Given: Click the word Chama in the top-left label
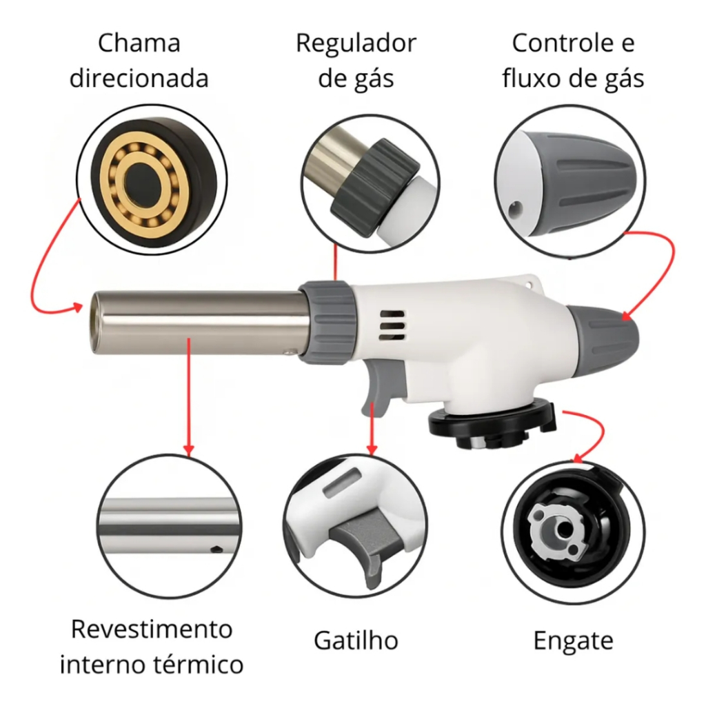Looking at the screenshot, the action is (x=139, y=43).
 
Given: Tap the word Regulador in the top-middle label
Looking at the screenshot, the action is (x=356, y=44).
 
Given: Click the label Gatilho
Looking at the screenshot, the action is (x=356, y=641).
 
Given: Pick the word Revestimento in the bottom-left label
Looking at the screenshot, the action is (x=152, y=629).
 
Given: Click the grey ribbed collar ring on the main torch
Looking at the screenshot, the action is (x=327, y=322).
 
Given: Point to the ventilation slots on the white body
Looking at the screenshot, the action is (x=392, y=325).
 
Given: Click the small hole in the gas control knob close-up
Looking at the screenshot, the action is (x=516, y=209).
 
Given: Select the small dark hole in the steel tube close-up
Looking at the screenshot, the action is (x=216, y=549).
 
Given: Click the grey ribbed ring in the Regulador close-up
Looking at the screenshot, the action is (x=374, y=187).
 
